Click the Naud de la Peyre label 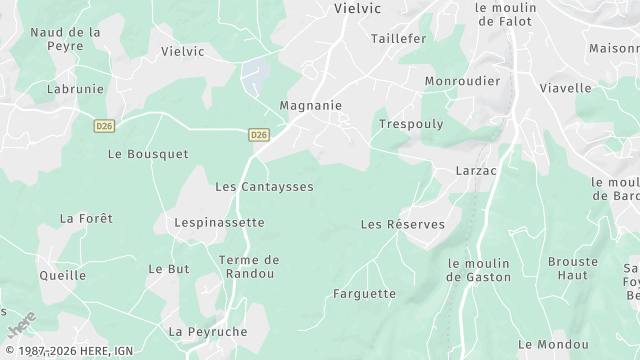pos(65,39)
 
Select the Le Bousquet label pos(147,154)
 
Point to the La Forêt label pos(86,218)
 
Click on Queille pos(62,275)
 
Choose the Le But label pos(168,269)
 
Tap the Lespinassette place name pos(219,222)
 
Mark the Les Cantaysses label pos(264,187)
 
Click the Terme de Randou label pos(248,267)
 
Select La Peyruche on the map pos(208,331)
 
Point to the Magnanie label pos(311,105)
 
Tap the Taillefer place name pos(398,38)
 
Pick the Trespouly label pos(411,124)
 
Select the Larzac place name pos(476,172)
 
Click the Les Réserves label pos(402,224)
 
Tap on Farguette pos(364,294)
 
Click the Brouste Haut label pos(572,268)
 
